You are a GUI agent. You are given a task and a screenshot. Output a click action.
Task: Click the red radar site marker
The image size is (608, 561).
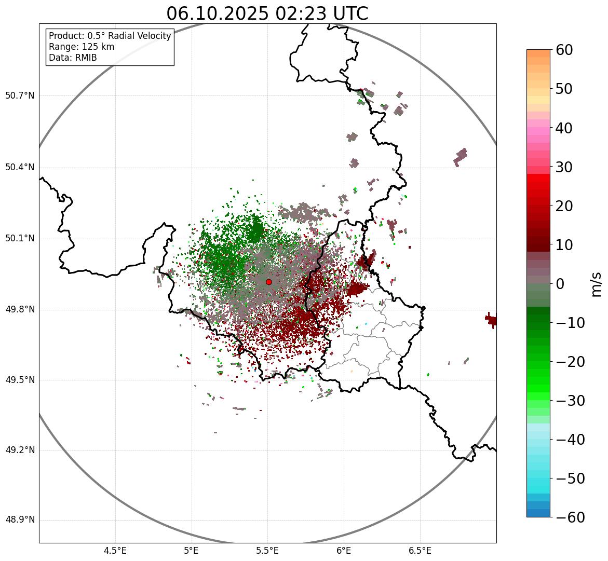(x=268, y=282)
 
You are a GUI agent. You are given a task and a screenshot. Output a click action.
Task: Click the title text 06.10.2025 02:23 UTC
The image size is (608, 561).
(x=267, y=13)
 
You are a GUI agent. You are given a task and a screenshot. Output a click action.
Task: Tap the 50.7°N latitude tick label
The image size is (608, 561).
(x=20, y=96)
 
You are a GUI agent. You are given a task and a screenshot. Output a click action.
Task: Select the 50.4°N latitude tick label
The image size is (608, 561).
(x=20, y=168)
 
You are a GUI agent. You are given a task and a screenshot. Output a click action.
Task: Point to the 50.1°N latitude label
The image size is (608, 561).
(x=20, y=239)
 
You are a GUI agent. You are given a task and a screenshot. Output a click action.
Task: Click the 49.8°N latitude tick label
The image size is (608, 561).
(x=20, y=310)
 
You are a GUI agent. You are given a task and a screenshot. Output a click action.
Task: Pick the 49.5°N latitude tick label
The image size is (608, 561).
(x=20, y=380)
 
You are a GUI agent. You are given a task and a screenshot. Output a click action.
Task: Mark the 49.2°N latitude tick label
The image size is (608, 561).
(x=20, y=450)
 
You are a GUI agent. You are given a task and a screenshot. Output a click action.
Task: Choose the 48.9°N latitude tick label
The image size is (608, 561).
(x=20, y=521)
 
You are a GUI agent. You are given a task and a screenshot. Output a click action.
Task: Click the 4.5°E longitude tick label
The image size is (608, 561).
(x=115, y=551)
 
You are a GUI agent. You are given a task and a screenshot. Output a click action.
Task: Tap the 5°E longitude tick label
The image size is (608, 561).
(x=192, y=551)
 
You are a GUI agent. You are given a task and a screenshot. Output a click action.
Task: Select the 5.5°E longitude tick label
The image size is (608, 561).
(x=267, y=551)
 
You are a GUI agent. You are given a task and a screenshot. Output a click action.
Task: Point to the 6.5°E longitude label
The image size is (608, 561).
(x=420, y=551)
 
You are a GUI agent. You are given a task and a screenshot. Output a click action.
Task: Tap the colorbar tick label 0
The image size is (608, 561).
(x=560, y=284)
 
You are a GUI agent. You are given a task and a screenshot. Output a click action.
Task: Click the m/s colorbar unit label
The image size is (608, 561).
(x=597, y=284)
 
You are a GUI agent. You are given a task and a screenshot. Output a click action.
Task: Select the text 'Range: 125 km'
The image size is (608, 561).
(x=82, y=47)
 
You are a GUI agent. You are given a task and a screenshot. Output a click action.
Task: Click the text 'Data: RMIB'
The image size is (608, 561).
(x=73, y=58)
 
